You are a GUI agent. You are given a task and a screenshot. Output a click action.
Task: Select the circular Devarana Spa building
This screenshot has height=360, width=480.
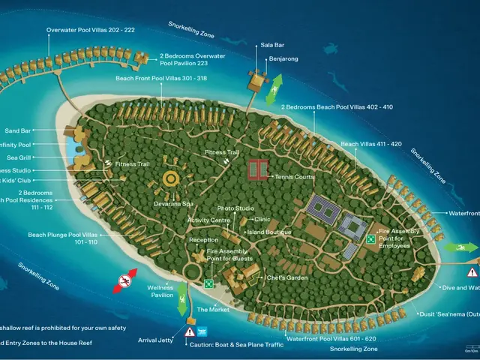pyautogui.click(x=172, y=179)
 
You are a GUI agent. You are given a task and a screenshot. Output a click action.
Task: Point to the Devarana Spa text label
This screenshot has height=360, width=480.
pyautogui.click(x=174, y=203)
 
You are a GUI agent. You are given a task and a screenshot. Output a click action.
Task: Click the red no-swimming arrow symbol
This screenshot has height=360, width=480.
pyautogui.click(x=126, y=280)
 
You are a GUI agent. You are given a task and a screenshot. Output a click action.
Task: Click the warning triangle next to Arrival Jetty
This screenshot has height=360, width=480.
pyautogui.click(x=190, y=331)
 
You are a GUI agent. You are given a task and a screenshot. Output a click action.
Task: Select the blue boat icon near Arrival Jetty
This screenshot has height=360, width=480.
pyautogui.click(x=202, y=331)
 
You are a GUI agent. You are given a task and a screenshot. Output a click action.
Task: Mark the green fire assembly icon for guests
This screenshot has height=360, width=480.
pyautogui.click(x=208, y=284)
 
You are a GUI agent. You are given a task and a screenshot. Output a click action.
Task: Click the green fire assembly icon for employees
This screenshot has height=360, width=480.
pyautogui.click(x=370, y=239)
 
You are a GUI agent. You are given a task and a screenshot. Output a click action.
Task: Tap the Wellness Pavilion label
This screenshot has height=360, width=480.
pyautogui.click(x=160, y=291)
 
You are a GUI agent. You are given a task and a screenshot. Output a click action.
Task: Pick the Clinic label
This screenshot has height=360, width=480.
pyautogui.click(x=262, y=219)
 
